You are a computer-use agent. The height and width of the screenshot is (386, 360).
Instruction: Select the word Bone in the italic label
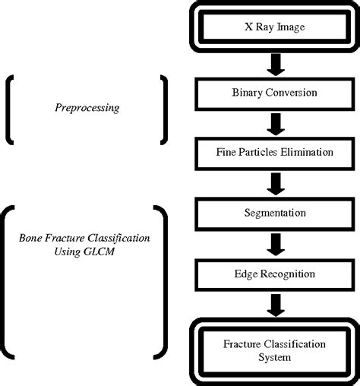coord(31,238)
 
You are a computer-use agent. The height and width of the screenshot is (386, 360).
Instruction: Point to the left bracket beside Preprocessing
coord(11,109)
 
